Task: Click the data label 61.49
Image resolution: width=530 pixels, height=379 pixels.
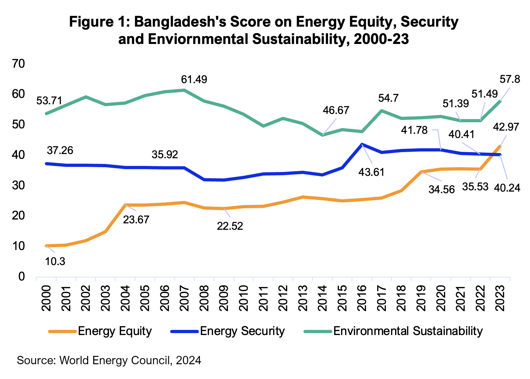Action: [194, 79]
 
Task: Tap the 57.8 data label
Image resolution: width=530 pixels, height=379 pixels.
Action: [509, 79]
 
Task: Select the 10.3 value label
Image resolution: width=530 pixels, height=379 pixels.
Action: [55, 262]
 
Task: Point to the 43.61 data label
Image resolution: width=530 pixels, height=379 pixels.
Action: [371, 172]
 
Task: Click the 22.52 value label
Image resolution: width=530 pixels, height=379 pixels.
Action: [230, 226]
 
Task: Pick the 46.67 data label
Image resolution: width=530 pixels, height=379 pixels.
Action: [336, 110]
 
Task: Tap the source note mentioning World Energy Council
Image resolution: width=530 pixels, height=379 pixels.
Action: [109, 360]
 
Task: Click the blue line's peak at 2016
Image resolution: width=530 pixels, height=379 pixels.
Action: [362, 144]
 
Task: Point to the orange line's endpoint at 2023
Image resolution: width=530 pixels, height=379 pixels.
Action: [500, 146]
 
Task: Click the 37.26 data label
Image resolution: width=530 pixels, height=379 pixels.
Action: [60, 150]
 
